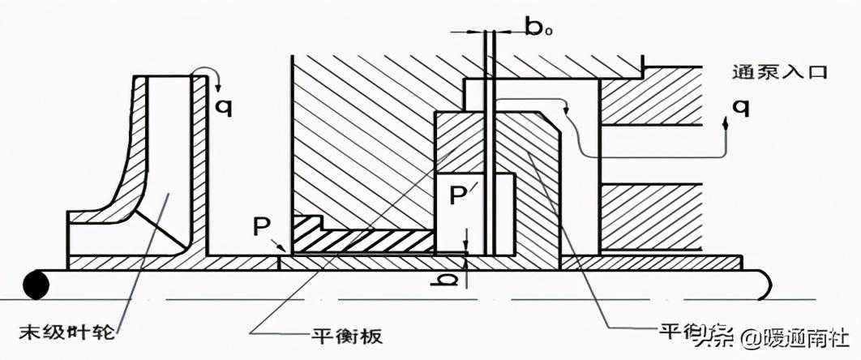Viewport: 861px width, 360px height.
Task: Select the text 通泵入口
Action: [777, 72]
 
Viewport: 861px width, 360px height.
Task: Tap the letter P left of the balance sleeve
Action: [261, 226]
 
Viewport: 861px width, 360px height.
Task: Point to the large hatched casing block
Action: [357, 138]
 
